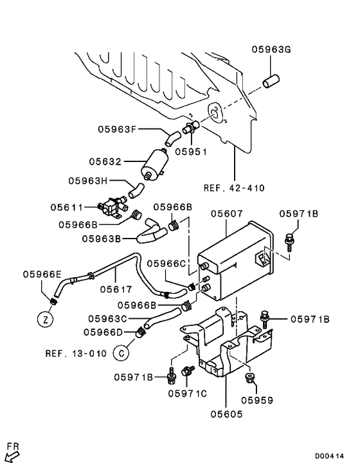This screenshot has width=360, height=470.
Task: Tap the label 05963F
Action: [x=118, y=129]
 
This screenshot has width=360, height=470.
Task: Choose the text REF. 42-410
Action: [x=234, y=188]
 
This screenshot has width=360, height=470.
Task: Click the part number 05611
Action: [x=66, y=207]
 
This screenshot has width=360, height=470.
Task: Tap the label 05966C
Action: [x=166, y=263]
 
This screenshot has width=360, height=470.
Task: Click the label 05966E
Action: [x=42, y=274]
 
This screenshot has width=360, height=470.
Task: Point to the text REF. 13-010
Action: [x=75, y=353]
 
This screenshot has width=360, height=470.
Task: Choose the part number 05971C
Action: [x=188, y=393]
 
